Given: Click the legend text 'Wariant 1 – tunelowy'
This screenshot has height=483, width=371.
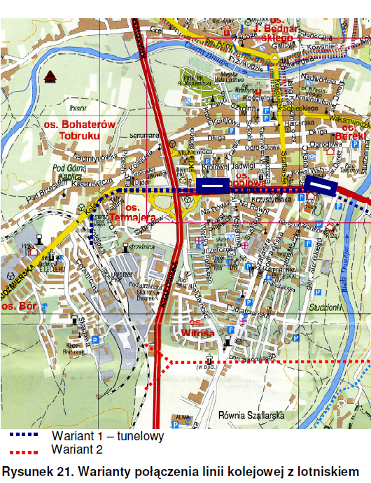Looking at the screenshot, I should pyautogui.click(x=107, y=436).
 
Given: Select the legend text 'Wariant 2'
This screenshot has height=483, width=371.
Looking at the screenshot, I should pyautogui.click(x=77, y=449).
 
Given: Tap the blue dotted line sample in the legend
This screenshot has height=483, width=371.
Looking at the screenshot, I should pyautogui.click(x=24, y=435).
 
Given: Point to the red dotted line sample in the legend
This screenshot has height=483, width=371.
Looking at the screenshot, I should pyautogui.click(x=24, y=450).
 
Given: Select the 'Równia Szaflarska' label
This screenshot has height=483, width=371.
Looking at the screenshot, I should pyautogui.click(x=254, y=415).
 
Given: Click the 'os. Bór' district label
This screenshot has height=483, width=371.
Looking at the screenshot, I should pyautogui.click(x=18, y=307).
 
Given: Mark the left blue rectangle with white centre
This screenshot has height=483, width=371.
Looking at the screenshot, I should pyautogui.click(x=211, y=185).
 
